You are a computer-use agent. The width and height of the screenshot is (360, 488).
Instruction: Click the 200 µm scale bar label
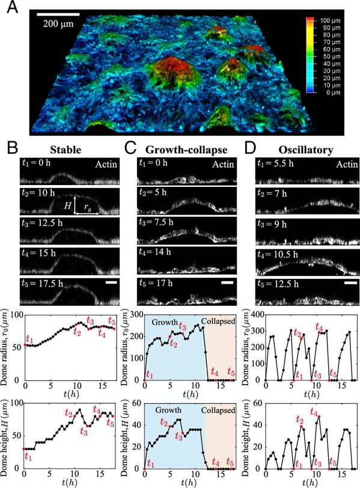click(58, 23)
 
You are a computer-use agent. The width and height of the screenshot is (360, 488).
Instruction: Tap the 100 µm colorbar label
click(330, 21)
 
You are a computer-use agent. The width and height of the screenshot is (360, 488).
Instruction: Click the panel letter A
click(13, 7)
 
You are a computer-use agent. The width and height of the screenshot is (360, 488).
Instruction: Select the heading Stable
click(66, 150)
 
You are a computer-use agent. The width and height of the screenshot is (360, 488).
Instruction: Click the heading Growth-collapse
click(186, 150)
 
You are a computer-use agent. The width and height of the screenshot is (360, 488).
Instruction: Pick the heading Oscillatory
click(306, 150)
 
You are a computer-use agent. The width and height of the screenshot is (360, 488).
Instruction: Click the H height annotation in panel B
click(67, 205)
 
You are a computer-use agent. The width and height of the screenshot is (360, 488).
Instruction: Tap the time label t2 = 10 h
click(38, 194)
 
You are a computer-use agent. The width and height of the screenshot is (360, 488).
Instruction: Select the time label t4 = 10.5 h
click(278, 255)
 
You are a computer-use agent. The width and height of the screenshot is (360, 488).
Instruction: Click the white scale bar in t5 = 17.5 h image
click(111, 282)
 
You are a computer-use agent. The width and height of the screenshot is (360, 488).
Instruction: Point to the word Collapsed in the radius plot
click(218, 321)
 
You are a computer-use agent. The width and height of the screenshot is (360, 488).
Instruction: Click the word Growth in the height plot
click(168, 410)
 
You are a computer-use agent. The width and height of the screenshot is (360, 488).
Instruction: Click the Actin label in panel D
click(347, 164)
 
